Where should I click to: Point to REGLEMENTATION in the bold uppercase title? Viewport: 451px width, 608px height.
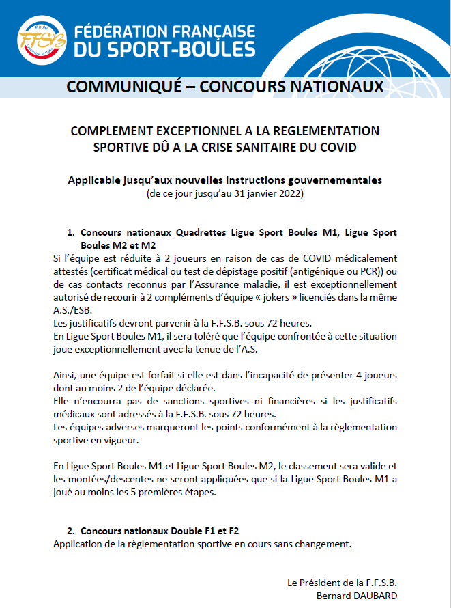(326, 130)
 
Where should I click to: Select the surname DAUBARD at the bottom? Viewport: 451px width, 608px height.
(374, 595)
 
